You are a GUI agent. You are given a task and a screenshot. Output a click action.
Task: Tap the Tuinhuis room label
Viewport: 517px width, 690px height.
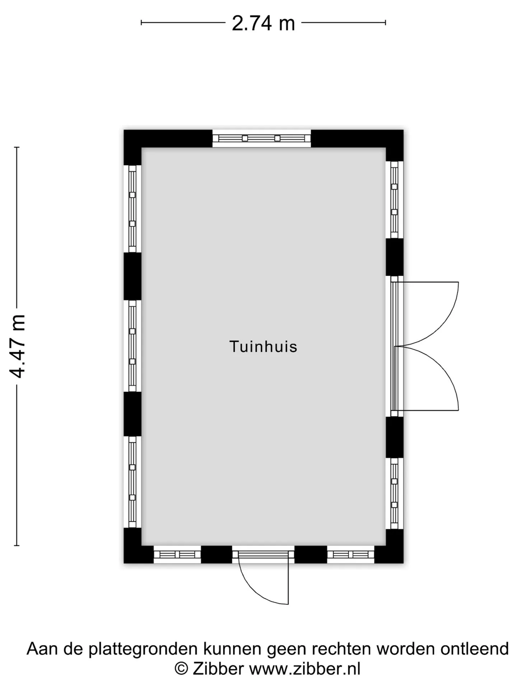pyautogui.click(x=263, y=346)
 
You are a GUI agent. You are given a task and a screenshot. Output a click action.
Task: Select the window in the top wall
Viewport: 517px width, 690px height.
pyautogui.click(x=261, y=138)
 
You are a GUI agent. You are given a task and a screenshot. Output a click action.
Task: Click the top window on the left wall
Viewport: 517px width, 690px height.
pyautogui.click(x=132, y=209)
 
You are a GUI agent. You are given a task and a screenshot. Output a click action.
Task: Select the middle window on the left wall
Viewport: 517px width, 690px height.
pyautogui.click(x=132, y=346)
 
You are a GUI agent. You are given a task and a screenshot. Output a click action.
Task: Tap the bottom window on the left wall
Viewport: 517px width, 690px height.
pyautogui.click(x=132, y=482)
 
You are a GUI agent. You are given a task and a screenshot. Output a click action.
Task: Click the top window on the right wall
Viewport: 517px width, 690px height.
pyautogui.click(x=395, y=199)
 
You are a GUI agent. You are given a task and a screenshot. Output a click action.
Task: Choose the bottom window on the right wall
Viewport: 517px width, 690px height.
pyautogui.click(x=395, y=493)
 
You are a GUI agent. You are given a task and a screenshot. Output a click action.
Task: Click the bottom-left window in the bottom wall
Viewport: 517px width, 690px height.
pyautogui.click(x=177, y=555)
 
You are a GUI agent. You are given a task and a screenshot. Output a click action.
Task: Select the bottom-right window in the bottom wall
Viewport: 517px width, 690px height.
pyautogui.click(x=350, y=555)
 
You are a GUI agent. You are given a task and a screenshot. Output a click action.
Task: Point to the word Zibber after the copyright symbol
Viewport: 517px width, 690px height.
pyautogui.click(x=218, y=669)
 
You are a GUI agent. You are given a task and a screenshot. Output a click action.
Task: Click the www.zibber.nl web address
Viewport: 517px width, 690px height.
pyautogui.click(x=305, y=669)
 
